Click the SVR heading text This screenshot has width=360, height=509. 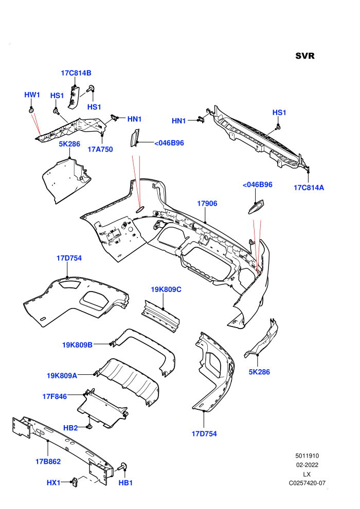click(x=305, y=56)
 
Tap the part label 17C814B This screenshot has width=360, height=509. click(x=76, y=73)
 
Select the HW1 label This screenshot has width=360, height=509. click(x=32, y=95)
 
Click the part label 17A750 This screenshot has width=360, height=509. click(x=100, y=149)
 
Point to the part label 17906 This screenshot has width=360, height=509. click(x=207, y=204)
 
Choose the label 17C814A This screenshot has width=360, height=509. click(x=309, y=188)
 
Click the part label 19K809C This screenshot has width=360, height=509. click(x=166, y=289)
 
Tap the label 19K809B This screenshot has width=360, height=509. click(x=77, y=345)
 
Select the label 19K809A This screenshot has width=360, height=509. click(x=62, y=376)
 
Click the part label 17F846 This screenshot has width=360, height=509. click(x=55, y=396)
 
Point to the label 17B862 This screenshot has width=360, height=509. click(x=48, y=461)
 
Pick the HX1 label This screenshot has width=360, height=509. click(x=53, y=483)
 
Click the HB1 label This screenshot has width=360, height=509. click(x=125, y=483)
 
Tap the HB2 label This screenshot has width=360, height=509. click(x=70, y=428)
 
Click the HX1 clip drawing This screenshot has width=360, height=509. click(x=75, y=483)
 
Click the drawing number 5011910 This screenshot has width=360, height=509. click(x=307, y=456)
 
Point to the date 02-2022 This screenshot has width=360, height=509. click(x=307, y=465)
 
